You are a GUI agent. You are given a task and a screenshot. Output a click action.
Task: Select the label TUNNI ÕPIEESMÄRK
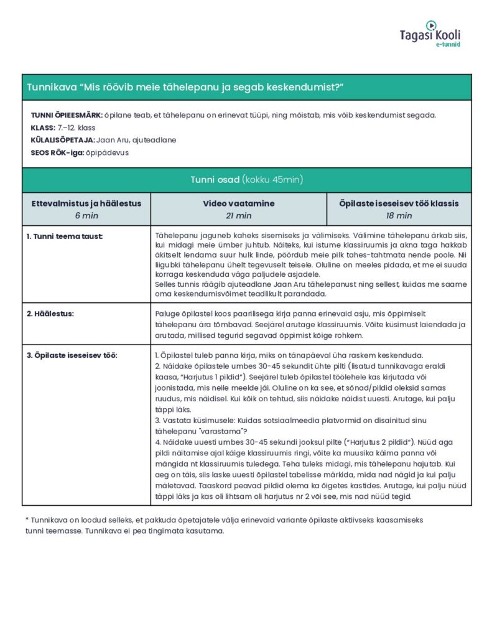pyautogui.click(x=67, y=115)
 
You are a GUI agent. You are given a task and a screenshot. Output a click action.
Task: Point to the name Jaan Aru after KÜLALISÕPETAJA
pyautogui.click(x=113, y=140)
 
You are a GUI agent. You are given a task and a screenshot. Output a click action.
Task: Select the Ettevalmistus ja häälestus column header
pyautogui.click(x=86, y=203)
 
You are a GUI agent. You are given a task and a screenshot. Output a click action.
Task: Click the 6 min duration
pyautogui.click(x=86, y=215)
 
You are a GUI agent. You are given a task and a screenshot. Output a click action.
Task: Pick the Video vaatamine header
pyautogui.click(x=238, y=203)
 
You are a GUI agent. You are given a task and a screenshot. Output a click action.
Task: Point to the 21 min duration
pyautogui.click(x=238, y=215)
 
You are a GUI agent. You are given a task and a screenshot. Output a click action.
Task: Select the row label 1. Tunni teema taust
pyautogui.click(x=65, y=236)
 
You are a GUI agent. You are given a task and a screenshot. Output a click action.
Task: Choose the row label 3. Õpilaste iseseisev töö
pyautogui.click(x=72, y=355)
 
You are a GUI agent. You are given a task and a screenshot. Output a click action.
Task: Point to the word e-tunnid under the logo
pyautogui.click(x=447, y=45)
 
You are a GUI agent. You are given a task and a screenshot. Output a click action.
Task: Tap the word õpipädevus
pyautogui.click(x=108, y=152)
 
